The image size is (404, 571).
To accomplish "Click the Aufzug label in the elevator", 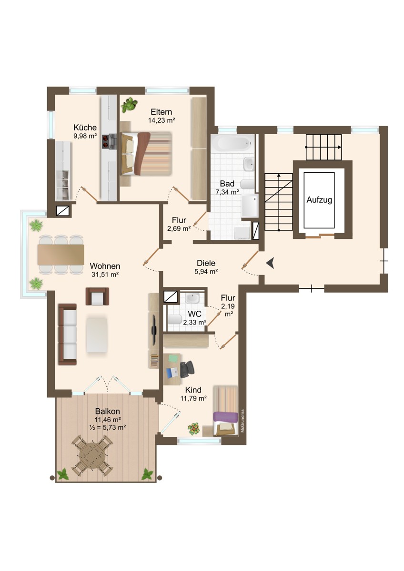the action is tap(319, 200).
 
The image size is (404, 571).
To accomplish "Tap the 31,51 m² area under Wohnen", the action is tap(105, 275).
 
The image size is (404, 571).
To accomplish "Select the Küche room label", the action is tap(85, 127).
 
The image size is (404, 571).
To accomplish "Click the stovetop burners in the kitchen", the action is tap(106, 141).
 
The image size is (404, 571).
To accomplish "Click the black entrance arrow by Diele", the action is tap(270, 263).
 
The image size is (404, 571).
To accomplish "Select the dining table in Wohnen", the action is tap(61, 255).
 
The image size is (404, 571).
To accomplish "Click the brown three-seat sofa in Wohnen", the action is tap(67, 334).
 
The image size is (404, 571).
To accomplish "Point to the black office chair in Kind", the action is tap(187, 369).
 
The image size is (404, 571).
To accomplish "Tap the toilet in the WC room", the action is tap(175, 319).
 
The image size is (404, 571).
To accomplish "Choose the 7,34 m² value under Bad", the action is tap(227, 192).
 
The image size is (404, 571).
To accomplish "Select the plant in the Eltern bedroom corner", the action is tap(129, 105).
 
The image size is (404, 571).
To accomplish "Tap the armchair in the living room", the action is tap(97, 296).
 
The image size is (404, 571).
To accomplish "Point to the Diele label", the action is tap(206, 263).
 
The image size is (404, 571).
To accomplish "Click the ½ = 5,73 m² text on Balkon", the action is tap(108, 427).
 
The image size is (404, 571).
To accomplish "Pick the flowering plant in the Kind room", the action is tap(194, 429).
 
